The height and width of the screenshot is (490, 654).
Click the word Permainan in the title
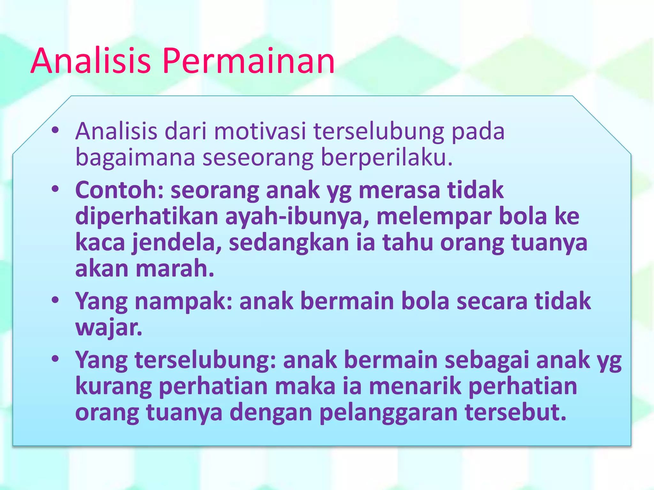click(248, 61)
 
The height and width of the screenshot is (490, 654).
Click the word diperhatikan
click(147, 217)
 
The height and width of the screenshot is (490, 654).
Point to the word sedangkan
click(289, 243)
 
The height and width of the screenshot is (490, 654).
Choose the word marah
click(175, 269)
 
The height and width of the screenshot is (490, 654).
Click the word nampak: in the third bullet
click(183, 302)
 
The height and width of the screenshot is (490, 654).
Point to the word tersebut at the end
click(515, 412)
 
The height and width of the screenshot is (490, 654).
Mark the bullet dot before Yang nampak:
click(55, 300)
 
